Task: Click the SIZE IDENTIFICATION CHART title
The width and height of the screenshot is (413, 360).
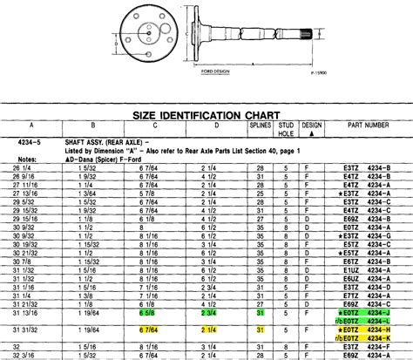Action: [x=206, y=114]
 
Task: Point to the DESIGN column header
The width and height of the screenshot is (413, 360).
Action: [x=311, y=126]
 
